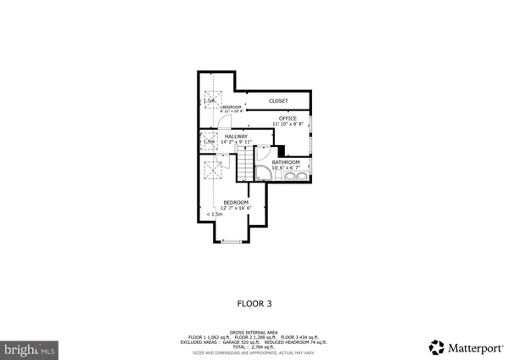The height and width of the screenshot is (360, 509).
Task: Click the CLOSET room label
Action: (278, 101)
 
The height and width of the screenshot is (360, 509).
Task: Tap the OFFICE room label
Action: (288, 118)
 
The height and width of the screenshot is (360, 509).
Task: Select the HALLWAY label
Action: (236, 136)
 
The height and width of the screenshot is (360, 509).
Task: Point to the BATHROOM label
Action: (286, 161)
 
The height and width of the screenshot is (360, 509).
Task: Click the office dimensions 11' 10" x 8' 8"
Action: (288, 124)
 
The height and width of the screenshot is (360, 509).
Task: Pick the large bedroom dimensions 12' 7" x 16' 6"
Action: (236, 208)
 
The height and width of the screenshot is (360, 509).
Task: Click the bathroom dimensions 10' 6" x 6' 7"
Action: (286, 167)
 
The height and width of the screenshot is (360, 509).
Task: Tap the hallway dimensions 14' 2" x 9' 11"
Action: (236, 142)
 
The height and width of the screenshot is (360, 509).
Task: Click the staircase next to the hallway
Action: (245, 162)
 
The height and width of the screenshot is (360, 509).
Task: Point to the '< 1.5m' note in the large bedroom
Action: (215, 214)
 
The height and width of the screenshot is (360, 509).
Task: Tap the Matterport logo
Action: (465, 346)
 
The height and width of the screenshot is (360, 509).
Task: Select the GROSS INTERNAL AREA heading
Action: (254, 332)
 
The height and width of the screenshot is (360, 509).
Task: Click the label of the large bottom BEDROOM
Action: (236, 202)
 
